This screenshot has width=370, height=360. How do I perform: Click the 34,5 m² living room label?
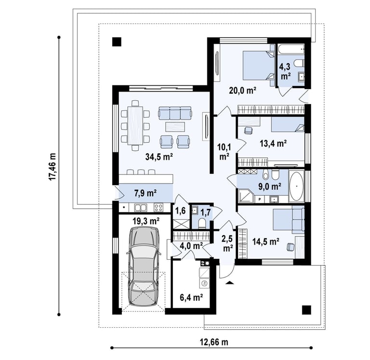click(159, 157)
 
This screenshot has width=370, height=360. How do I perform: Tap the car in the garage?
click(144, 267)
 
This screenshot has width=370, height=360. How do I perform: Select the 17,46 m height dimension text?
click(53, 167)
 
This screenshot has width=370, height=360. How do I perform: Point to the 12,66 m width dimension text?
click(214, 342)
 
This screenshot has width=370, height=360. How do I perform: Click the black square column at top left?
click(117, 42)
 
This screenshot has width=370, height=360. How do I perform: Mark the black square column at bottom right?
click(306, 310)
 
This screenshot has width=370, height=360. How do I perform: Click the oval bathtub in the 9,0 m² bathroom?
click(296, 186)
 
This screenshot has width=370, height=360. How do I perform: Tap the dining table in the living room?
click(135, 125)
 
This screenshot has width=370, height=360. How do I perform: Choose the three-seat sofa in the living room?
click(174, 113)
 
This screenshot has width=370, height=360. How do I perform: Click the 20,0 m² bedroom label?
click(243, 90)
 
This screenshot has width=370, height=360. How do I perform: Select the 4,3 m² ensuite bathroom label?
click(285, 71)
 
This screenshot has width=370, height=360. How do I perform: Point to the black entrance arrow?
click(230, 282)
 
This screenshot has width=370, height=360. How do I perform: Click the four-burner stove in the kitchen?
click(159, 208)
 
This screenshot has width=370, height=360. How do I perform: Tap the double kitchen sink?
click(141, 208)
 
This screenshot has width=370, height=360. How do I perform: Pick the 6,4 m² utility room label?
click(191, 297)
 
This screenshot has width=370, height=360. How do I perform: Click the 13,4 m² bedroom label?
click(273, 143)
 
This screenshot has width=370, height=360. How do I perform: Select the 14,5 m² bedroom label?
click(266, 241)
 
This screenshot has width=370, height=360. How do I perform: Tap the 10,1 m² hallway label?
click(224, 152)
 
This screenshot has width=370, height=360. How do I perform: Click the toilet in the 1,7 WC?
click(202, 223)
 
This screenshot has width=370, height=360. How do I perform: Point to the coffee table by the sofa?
click(175, 127)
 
